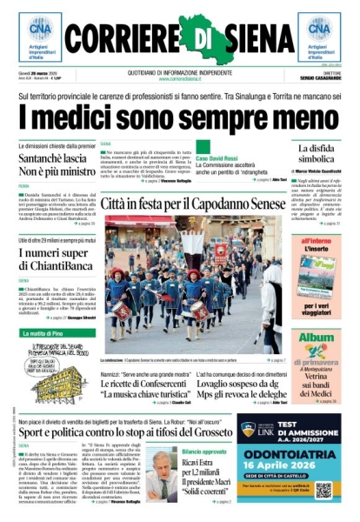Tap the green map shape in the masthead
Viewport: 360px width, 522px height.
(x=203, y=37)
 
